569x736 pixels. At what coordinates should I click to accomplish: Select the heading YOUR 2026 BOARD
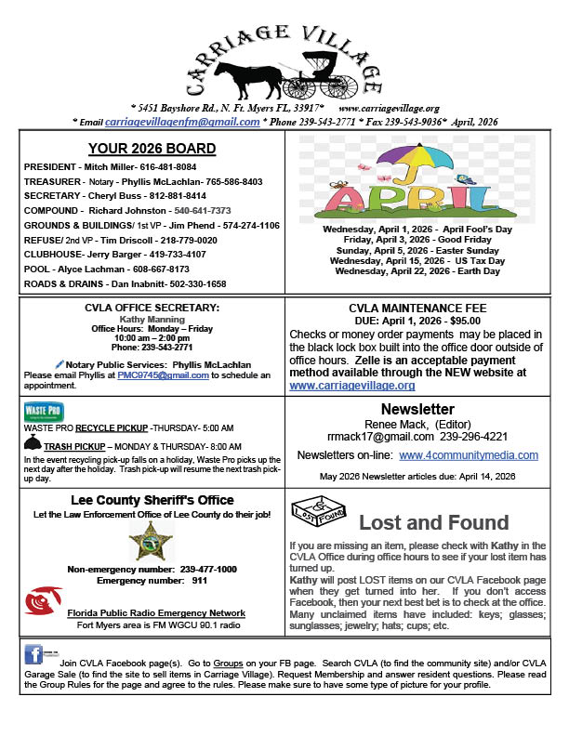click(x=151, y=149)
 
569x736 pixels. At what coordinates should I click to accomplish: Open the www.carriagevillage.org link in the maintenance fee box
click(x=352, y=385)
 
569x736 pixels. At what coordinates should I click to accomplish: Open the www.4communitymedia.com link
click(x=469, y=455)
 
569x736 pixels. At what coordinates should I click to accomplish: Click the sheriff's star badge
click(x=151, y=541)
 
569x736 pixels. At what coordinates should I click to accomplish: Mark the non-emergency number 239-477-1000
click(x=204, y=569)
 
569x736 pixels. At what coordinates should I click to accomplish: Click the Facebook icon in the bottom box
click(x=33, y=653)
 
